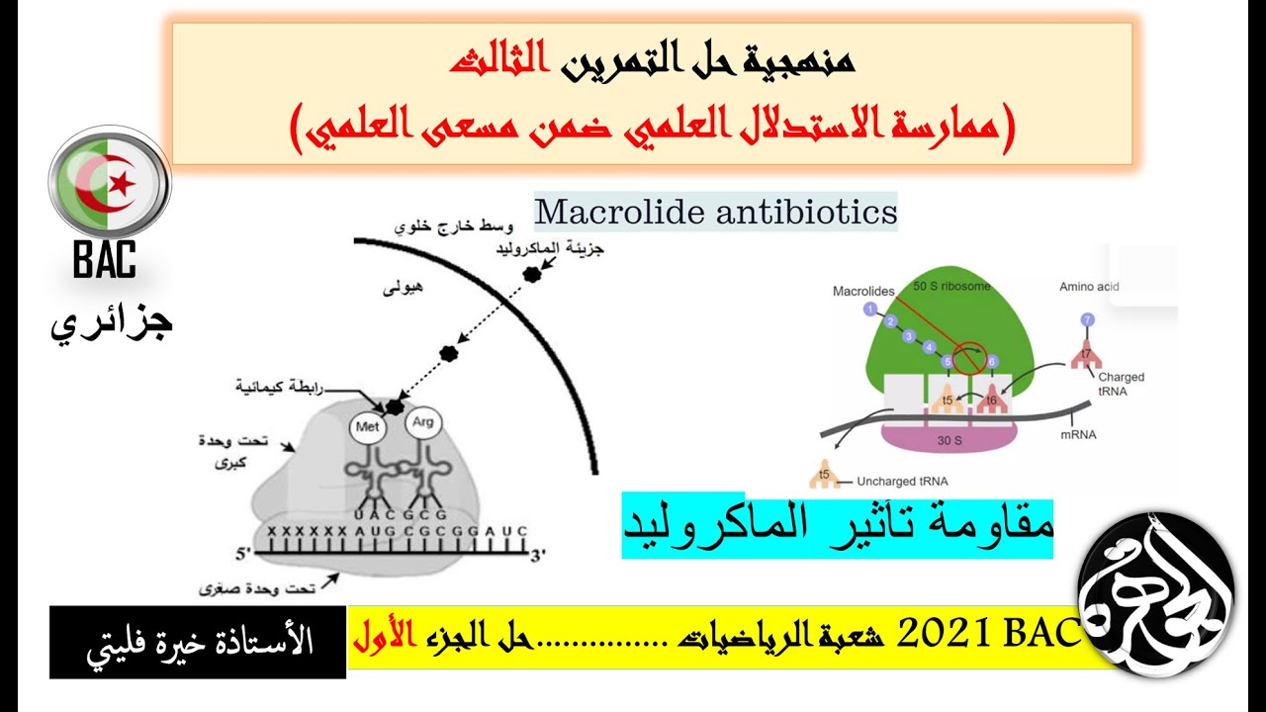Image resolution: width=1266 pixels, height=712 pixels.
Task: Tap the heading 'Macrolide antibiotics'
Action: pyautogui.click(x=715, y=212)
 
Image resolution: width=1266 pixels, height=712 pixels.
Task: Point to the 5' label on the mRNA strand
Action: pyautogui.click(x=244, y=554)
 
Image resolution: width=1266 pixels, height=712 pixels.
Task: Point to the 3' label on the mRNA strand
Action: pyautogui.click(x=538, y=555)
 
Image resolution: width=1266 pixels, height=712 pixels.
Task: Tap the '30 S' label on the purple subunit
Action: pyautogui.click(x=949, y=441)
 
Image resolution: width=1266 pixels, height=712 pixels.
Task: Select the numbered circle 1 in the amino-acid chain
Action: pyautogui.click(x=869, y=309)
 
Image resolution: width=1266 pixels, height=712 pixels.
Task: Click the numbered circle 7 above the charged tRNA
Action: pyautogui.click(x=1087, y=319)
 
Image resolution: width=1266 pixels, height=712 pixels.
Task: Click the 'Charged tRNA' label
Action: pyautogui.click(x=1121, y=383)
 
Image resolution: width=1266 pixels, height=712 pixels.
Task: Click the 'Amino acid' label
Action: pyautogui.click(x=1089, y=287)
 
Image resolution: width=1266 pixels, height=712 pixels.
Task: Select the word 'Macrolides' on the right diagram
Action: pyautogui.click(x=862, y=291)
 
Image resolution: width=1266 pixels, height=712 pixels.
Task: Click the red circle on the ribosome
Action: pyautogui.click(x=968, y=357)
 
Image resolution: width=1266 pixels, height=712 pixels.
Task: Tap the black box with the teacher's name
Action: pyautogui.click(x=198, y=642)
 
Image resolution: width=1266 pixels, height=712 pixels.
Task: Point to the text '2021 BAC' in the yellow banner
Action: pyautogui.click(x=990, y=636)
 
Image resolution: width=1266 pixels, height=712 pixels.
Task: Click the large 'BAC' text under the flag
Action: pyautogui.click(x=104, y=261)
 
